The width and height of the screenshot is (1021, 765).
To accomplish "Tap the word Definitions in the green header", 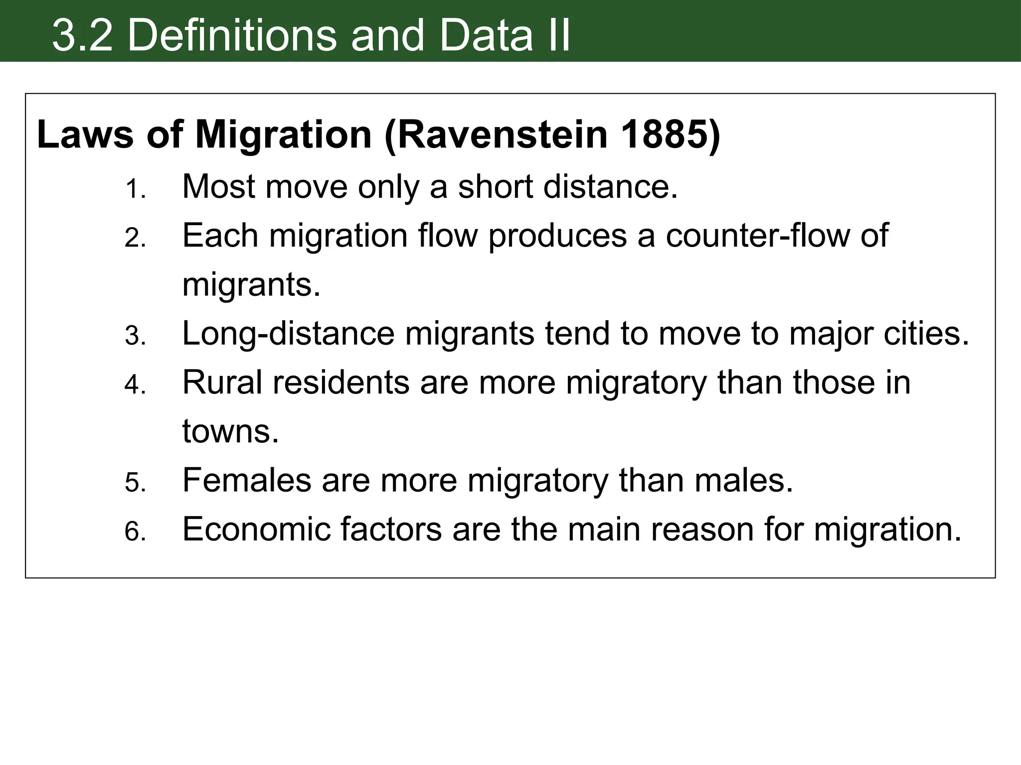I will click(x=232, y=35).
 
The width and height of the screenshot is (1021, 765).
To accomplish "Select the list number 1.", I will click(x=135, y=189).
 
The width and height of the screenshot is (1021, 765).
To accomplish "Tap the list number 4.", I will click(x=135, y=385).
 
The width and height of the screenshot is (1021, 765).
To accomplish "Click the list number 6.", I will click(x=135, y=532).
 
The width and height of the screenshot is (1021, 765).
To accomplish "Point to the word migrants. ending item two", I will click(x=251, y=285).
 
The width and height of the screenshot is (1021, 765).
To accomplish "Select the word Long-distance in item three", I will click(x=288, y=333).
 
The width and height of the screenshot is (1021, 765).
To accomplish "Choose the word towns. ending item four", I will click(x=230, y=431).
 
